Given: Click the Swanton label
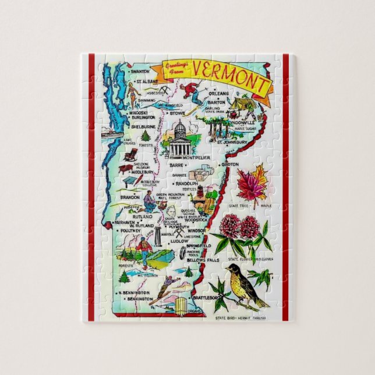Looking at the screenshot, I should (141, 72).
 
